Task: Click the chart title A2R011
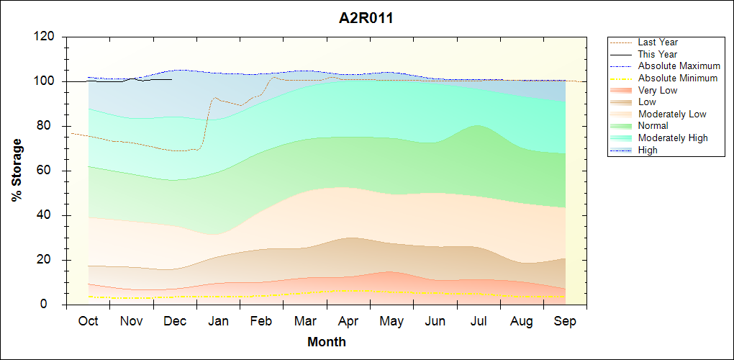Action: tap(366, 19)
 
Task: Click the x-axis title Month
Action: tap(326, 342)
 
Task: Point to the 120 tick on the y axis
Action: tap(47, 37)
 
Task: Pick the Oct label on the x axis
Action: tap(88, 321)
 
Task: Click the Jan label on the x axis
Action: tap(218, 321)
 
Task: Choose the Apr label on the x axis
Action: tap(348, 321)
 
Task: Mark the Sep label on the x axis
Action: tap(565, 321)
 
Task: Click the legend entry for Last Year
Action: tap(658, 42)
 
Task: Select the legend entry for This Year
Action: tap(658, 54)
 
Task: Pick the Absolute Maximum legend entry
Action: tap(679, 66)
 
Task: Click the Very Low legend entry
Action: tap(658, 90)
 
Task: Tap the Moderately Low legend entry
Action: tap(672, 114)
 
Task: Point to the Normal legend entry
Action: tap(653, 126)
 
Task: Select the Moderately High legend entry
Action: tap(673, 138)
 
